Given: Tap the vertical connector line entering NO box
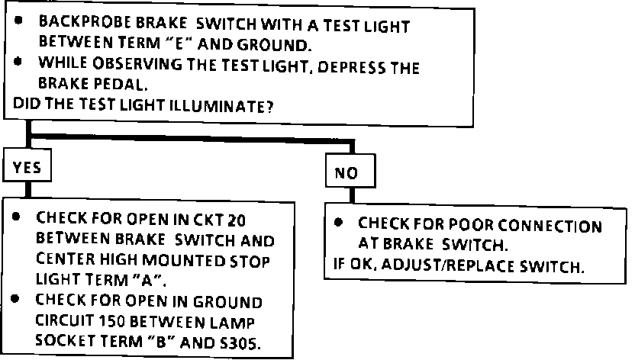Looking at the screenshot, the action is pyautogui.click(x=353, y=148).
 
